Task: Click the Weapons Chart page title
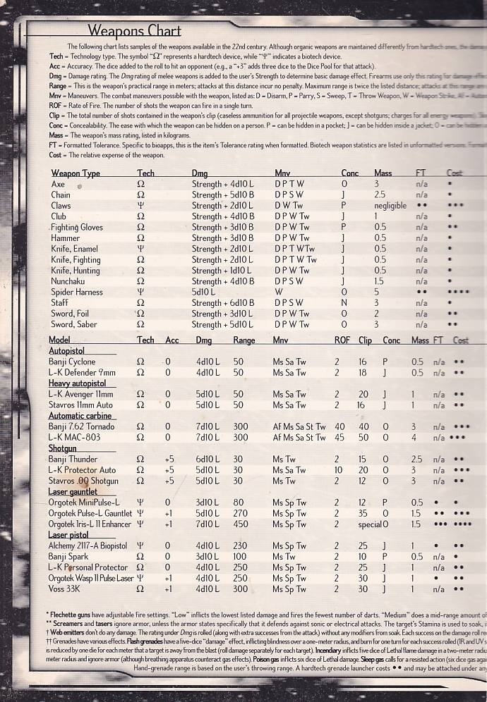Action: tap(134, 31)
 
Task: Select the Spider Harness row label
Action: tap(76, 292)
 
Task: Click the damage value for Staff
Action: tap(223, 303)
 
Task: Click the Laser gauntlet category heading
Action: tap(73, 491)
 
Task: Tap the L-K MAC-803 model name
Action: tap(75, 437)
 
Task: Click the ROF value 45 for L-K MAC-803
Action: tap(339, 437)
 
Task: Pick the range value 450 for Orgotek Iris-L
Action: tap(241, 524)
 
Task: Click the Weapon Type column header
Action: tap(76, 173)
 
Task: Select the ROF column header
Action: tap(342, 340)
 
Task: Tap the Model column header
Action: tap(60, 340)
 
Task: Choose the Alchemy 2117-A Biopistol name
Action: tap(88, 546)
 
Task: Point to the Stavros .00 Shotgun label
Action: tap(83, 481)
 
